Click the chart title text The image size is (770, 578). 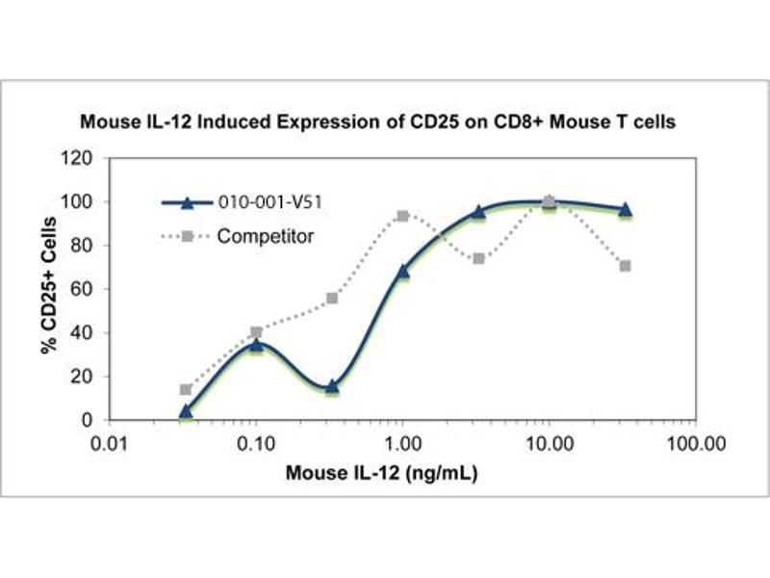[x=384, y=123]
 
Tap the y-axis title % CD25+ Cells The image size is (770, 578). [x=48, y=289]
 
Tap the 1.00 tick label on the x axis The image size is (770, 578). [x=402, y=444]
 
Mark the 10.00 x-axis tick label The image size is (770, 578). [x=549, y=444]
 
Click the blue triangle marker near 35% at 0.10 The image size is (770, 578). [x=256, y=343]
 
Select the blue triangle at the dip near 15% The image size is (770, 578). [x=332, y=386]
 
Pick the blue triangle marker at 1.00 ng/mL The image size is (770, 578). [x=402, y=272]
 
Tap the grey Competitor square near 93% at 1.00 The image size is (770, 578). [x=402, y=216]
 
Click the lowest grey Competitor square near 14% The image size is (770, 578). [x=186, y=389]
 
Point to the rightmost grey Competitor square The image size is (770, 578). [x=626, y=266]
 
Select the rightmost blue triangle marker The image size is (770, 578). [x=626, y=209]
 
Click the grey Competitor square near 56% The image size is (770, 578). [x=332, y=298]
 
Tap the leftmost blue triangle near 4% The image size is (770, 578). [x=186, y=411]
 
